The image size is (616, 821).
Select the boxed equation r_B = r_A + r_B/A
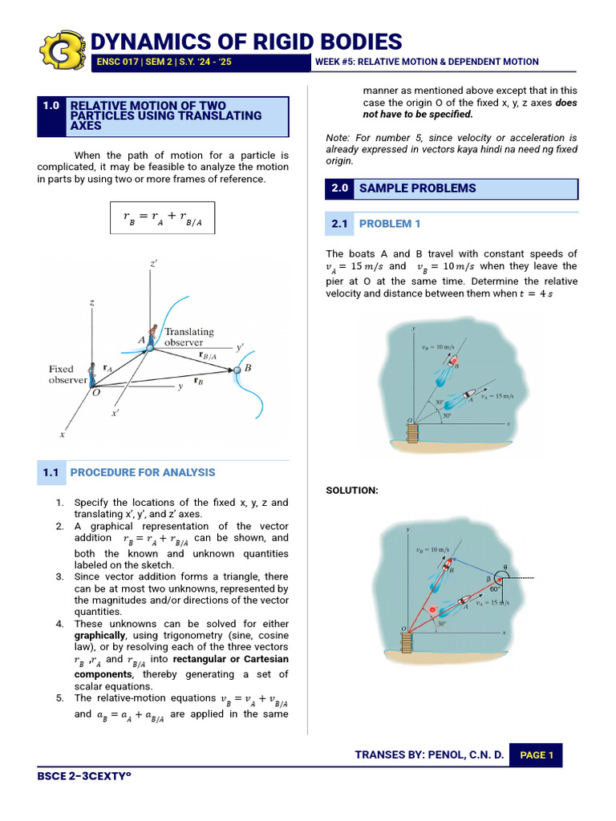coord(163,216)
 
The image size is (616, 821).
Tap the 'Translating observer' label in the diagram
coord(189,337)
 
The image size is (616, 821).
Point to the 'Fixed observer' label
coord(67,374)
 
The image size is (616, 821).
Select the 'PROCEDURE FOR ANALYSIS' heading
coord(143,473)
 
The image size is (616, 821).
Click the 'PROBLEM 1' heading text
coord(390,224)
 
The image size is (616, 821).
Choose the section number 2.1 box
coord(339,224)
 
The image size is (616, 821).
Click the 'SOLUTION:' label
coord(352,490)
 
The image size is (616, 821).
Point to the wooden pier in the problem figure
coord(412,434)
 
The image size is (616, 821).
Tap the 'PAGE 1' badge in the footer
coord(537,755)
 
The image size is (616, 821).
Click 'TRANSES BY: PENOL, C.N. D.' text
coord(430,755)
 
